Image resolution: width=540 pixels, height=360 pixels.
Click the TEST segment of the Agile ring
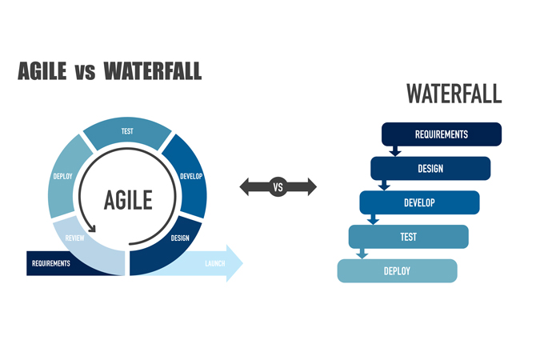(127, 133)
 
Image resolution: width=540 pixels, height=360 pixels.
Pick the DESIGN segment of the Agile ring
(178, 238)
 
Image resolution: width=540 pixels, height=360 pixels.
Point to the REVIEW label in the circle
(74, 238)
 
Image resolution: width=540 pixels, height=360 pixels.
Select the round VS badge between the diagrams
(278, 188)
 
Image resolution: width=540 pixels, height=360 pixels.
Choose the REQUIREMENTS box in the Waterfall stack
(441, 134)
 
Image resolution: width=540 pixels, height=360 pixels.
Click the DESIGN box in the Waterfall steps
(430, 168)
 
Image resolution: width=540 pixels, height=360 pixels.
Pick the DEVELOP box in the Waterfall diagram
(419, 202)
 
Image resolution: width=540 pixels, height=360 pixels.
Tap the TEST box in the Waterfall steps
(408, 237)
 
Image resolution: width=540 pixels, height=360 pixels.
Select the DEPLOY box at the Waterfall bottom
(397, 271)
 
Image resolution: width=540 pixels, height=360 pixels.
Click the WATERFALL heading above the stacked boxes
(454, 94)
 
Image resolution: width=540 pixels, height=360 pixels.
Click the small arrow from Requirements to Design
(394, 150)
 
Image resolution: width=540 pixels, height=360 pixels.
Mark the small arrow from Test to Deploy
(362, 254)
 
